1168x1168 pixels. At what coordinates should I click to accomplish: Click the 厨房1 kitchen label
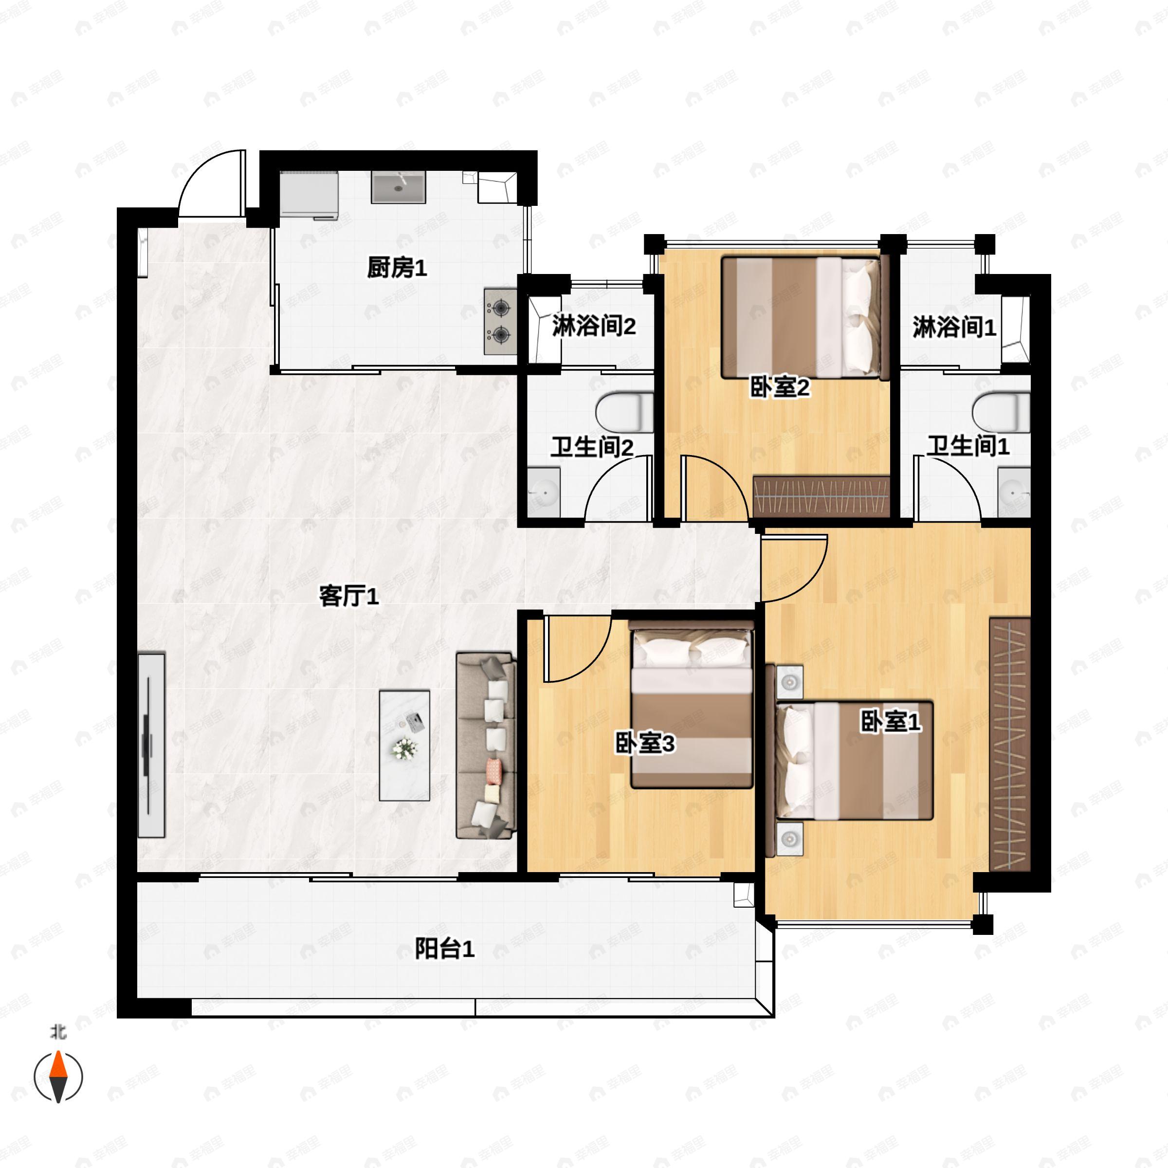(397, 267)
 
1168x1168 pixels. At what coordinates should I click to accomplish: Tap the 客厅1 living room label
(349, 597)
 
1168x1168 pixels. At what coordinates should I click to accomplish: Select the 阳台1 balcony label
(444, 949)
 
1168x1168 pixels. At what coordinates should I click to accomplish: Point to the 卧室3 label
(644, 744)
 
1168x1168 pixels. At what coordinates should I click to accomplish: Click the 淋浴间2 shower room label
(594, 326)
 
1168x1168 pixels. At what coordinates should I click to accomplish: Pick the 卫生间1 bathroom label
(968, 446)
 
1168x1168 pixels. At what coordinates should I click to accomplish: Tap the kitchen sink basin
(399, 187)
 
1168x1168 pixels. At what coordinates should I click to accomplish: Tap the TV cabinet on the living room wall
(151, 745)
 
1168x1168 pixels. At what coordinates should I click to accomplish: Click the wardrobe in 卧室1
(1010, 744)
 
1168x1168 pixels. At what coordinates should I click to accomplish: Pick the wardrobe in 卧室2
(821, 496)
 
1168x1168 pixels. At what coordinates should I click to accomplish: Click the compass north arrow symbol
(58, 1076)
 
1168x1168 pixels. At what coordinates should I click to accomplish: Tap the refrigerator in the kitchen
(309, 195)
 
